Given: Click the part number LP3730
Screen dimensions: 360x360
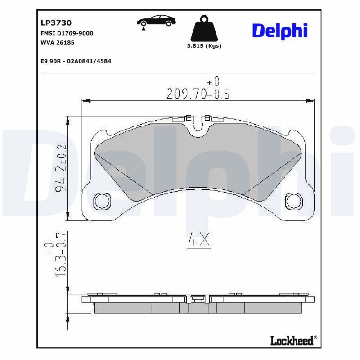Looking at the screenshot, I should point(56,22).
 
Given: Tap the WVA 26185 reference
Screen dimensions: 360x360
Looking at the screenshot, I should point(57,43).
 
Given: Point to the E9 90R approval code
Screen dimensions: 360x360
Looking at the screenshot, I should point(76,61).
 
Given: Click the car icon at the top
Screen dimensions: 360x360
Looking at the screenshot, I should point(157,21).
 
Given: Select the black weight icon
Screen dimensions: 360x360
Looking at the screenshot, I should point(204,29).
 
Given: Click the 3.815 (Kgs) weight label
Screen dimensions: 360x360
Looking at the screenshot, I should point(204,46).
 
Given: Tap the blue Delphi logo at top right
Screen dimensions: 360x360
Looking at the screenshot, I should point(279,30).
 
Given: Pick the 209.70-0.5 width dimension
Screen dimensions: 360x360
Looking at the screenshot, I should point(198,94).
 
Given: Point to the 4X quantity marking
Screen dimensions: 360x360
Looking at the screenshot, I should point(198,240).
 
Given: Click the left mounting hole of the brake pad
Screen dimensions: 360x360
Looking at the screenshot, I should point(102,201).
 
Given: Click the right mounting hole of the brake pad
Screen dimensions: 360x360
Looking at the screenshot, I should point(294,201).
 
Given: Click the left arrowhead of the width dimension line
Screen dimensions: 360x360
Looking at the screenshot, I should point(85,100).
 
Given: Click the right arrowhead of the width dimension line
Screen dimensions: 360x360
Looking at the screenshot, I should point(311,100).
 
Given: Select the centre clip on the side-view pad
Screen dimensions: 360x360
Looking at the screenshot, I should point(197,299).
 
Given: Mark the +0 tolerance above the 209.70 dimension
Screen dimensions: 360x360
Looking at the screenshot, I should point(213,82).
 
